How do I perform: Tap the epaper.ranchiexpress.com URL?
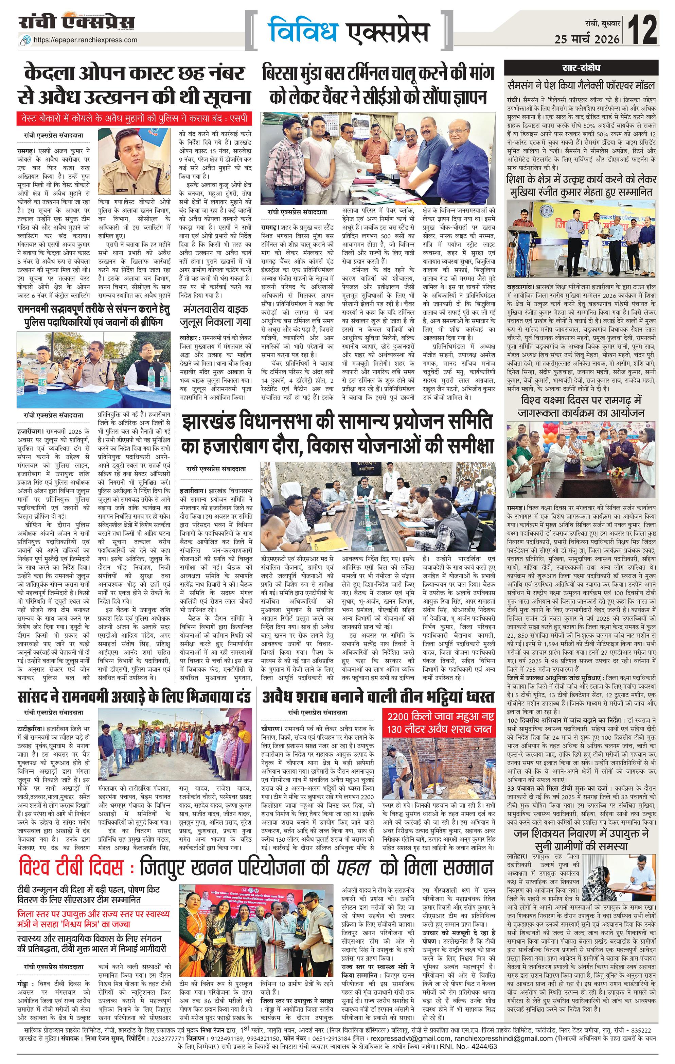coord(85,40)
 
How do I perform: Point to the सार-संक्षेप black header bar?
coord(581,68)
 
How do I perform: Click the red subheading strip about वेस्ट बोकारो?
coord(135,118)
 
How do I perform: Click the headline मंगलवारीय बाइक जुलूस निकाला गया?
coord(215,315)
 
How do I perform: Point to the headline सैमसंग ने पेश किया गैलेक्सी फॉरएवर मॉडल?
coord(581,86)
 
